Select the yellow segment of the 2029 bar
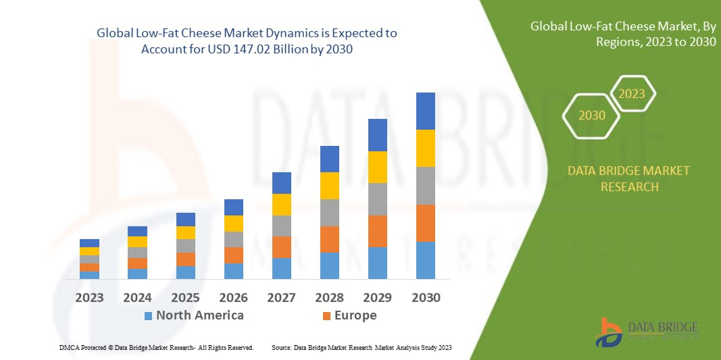pyautogui.click(x=377, y=167)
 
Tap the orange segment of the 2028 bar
pyautogui.click(x=329, y=239)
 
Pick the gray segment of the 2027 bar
pyautogui.click(x=281, y=226)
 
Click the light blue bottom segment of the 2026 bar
pyautogui.click(x=233, y=271)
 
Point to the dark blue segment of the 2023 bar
pyautogui.click(x=89, y=243)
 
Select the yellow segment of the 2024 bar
pyautogui.click(x=137, y=242)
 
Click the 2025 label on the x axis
pyautogui.click(x=185, y=297)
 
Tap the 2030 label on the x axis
pyautogui.click(x=425, y=297)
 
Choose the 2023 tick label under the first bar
pyautogui.click(x=89, y=297)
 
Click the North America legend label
pyautogui.click(x=199, y=315)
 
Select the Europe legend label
pyautogui.click(x=355, y=315)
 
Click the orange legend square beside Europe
pyautogui.click(x=326, y=316)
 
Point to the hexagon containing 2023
pyautogui.click(x=632, y=94)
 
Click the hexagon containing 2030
pyautogui.click(x=592, y=115)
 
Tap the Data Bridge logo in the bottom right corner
pyautogui.click(x=645, y=332)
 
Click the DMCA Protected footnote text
pyautogui.click(x=156, y=347)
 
